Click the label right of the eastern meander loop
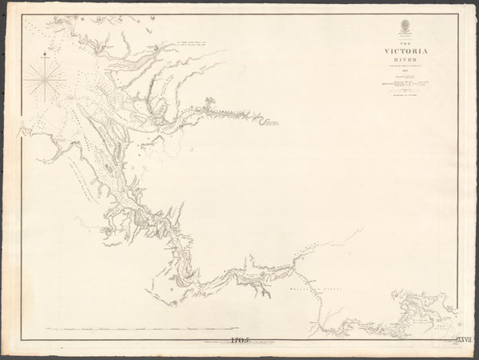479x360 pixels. coord(274,124)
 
